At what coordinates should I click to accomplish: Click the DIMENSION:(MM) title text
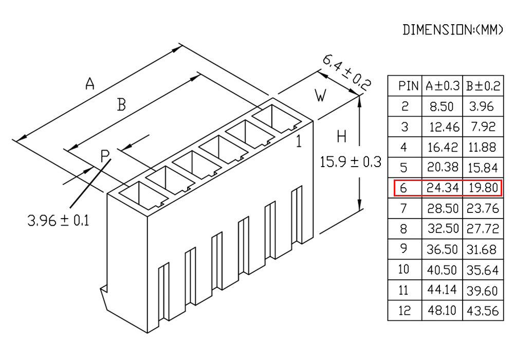tap(452, 30)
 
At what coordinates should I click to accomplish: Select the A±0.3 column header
tap(443, 86)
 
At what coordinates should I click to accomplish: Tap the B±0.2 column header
tap(483, 86)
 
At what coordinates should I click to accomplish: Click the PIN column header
tap(409, 86)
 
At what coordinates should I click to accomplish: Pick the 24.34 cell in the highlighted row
tap(443, 188)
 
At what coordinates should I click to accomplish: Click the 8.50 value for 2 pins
tap(442, 106)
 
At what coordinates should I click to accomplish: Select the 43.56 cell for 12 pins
tap(483, 311)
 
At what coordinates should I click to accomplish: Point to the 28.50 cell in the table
tap(443, 208)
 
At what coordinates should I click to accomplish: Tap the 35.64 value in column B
tap(483, 270)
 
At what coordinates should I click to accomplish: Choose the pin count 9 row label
tap(404, 249)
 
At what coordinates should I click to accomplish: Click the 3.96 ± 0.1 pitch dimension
tap(59, 220)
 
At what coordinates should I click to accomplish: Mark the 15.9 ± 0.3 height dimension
tap(351, 162)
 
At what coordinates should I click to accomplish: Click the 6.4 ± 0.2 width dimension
tap(347, 73)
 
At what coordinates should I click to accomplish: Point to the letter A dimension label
tap(90, 83)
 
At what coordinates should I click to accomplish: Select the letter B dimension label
tap(122, 105)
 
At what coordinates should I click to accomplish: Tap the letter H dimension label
tap(342, 136)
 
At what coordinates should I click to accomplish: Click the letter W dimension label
tap(320, 96)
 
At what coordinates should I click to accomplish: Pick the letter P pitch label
tap(105, 156)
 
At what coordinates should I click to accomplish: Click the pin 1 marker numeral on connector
tap(299, 141)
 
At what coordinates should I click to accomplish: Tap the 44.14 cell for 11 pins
tap(442, 290)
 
